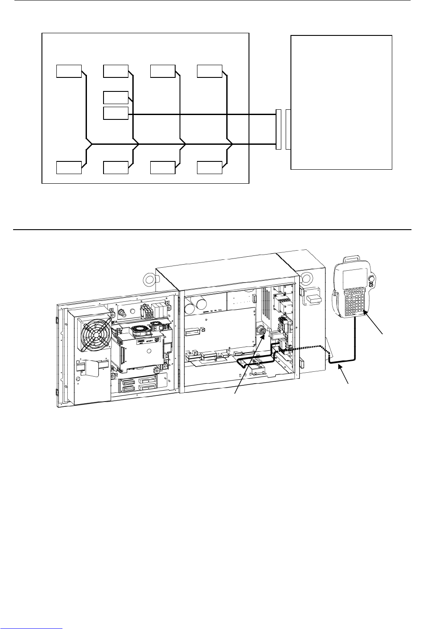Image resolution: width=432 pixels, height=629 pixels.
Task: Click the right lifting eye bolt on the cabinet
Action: tap(306, 278)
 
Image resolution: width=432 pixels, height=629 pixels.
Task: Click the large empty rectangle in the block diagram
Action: tap(341, 102)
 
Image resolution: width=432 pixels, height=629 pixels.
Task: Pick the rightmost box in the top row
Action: tap(209, 70)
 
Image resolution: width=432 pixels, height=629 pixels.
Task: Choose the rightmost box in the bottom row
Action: tap(209, 168)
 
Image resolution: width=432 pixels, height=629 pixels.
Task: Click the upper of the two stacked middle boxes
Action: tap(116, 98)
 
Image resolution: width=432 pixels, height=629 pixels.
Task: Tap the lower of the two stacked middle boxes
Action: tap(116, 113)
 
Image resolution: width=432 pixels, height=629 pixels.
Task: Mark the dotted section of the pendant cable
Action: tap(306, 348)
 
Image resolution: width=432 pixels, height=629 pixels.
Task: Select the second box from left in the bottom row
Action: tap(116, 168)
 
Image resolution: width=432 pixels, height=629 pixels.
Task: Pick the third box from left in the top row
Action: tap(162, 70)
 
